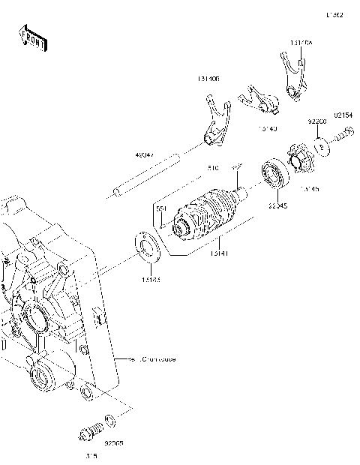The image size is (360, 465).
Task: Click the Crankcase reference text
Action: pos(154,359)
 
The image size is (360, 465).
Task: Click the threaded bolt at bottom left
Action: pos(89,433)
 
